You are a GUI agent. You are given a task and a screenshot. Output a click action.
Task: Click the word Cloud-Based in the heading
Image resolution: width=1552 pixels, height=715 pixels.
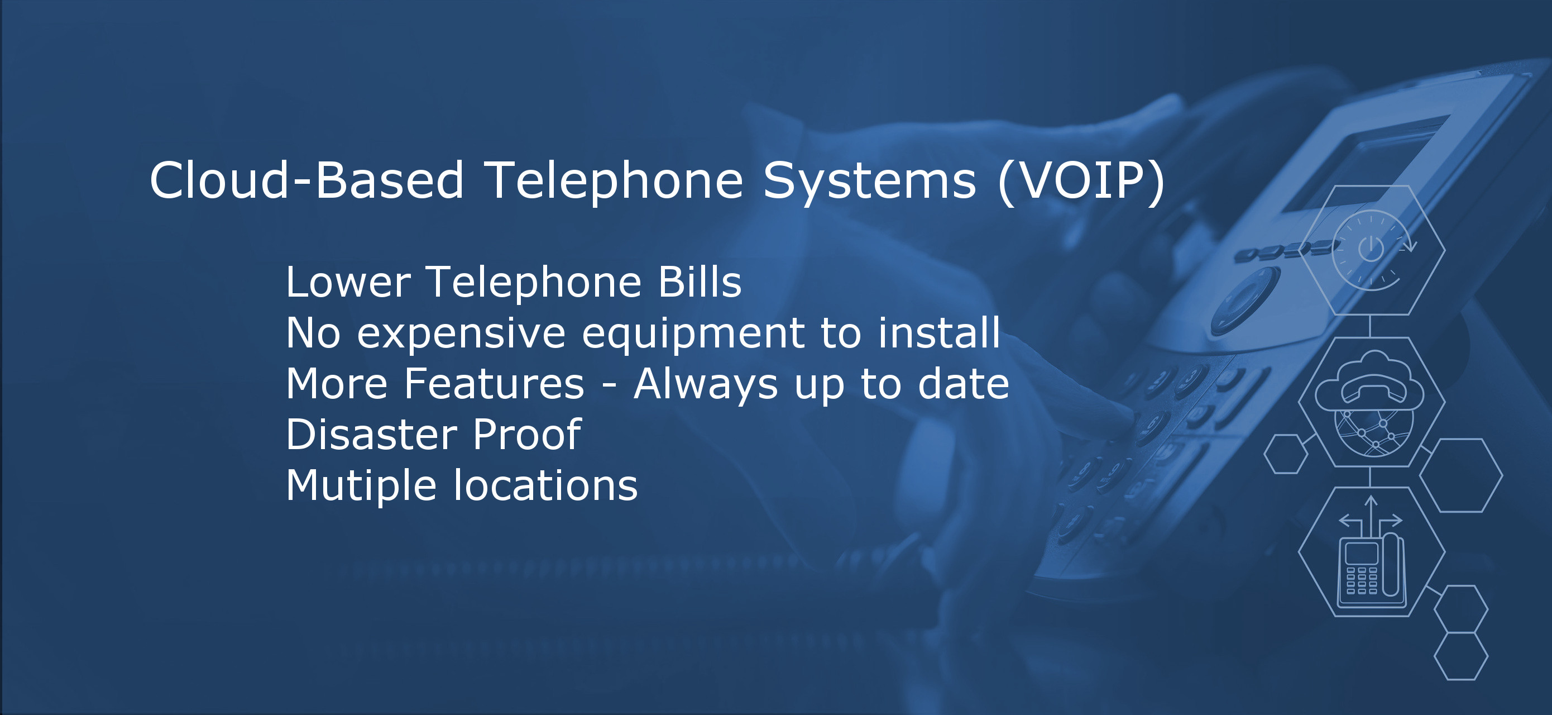click(306, 180)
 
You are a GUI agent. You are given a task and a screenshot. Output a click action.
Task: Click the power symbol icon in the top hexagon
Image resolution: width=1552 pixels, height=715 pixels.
click(1371, 249)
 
